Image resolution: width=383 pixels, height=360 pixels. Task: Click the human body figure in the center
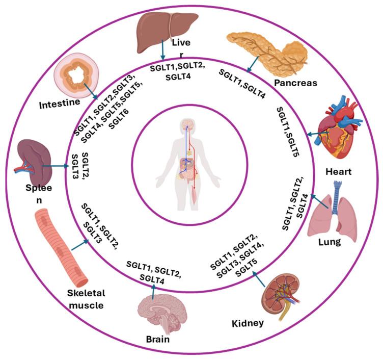(x=189, y=163)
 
